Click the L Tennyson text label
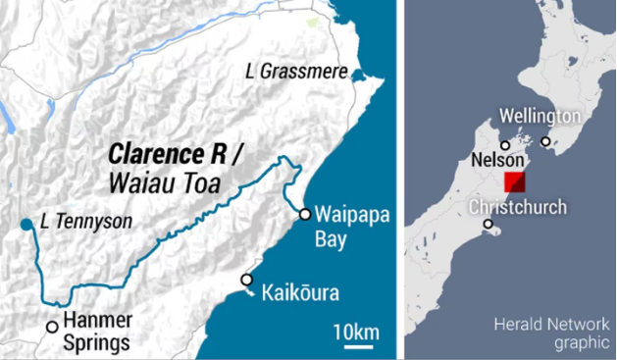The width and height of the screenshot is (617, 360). [86, 223]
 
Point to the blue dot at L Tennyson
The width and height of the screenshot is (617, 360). [26, 225]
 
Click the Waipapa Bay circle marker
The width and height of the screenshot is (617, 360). [305, 215]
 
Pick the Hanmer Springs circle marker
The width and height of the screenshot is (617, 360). [52, 328]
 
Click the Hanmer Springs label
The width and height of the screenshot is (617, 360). [96, 333]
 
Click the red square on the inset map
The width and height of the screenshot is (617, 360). [514, 183]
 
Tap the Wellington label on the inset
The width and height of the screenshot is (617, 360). [540, 117]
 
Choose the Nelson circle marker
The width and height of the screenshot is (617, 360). [505, 145]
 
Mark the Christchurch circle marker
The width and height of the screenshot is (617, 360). [488, 224]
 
